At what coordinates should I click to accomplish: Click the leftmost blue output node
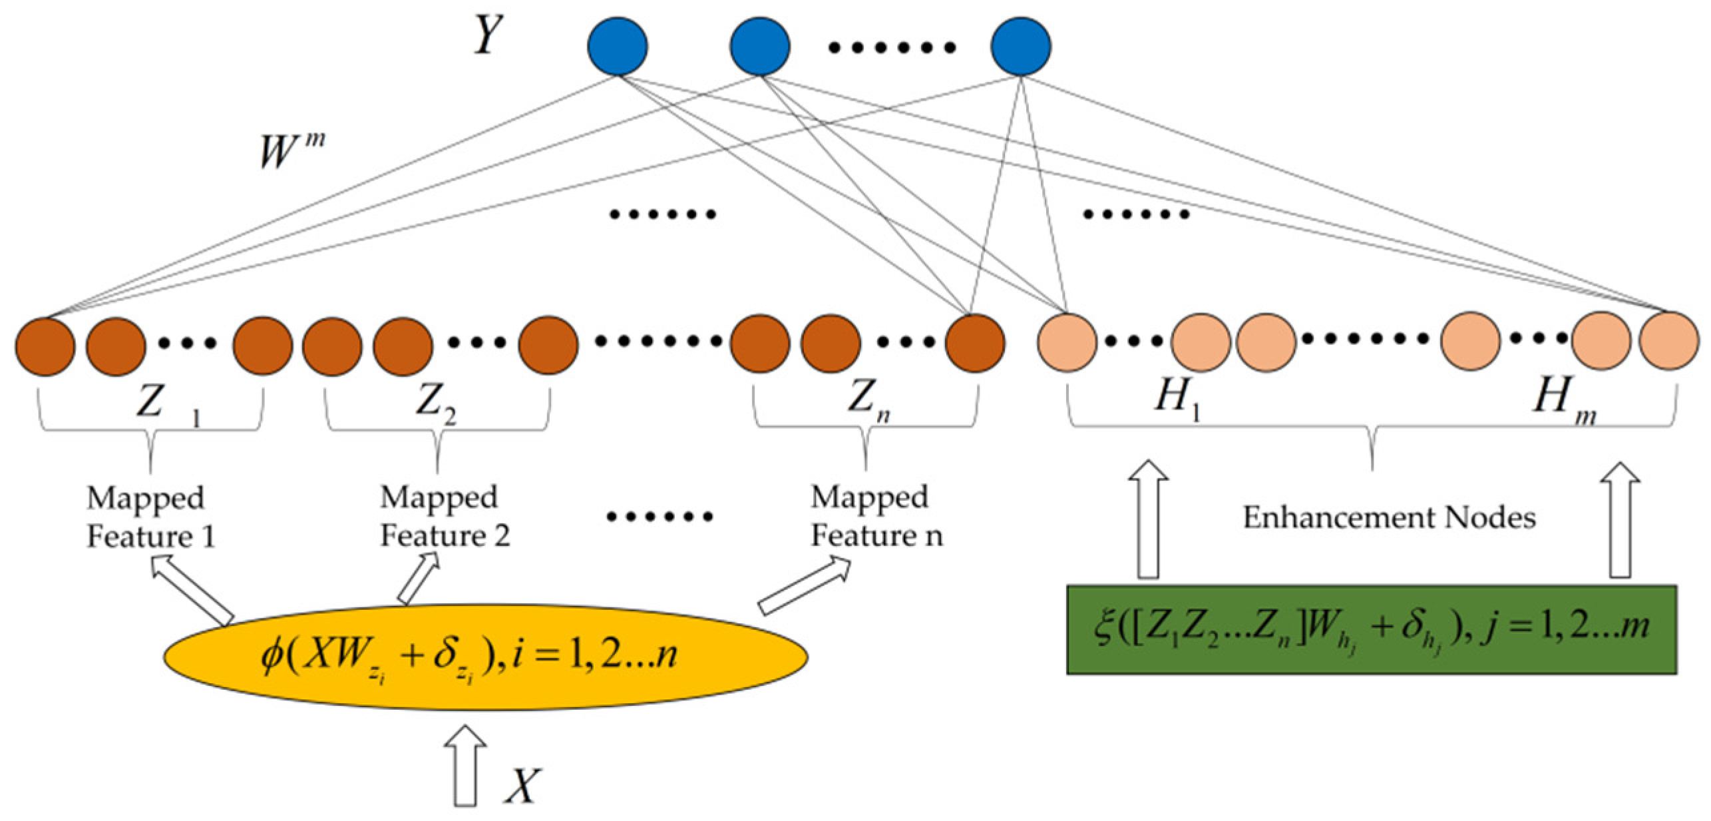click(618, 47)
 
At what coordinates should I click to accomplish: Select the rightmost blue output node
click(1021, 47)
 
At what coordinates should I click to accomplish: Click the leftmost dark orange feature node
click(45, 346)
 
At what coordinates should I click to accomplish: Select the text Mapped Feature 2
click(445, 517)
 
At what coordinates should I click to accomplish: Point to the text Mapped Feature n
click(876, 517)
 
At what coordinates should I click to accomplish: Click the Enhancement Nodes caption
click(1390, 518)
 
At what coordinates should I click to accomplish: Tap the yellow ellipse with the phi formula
click(486, 656)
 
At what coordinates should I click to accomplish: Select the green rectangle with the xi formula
click(1372, 630)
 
